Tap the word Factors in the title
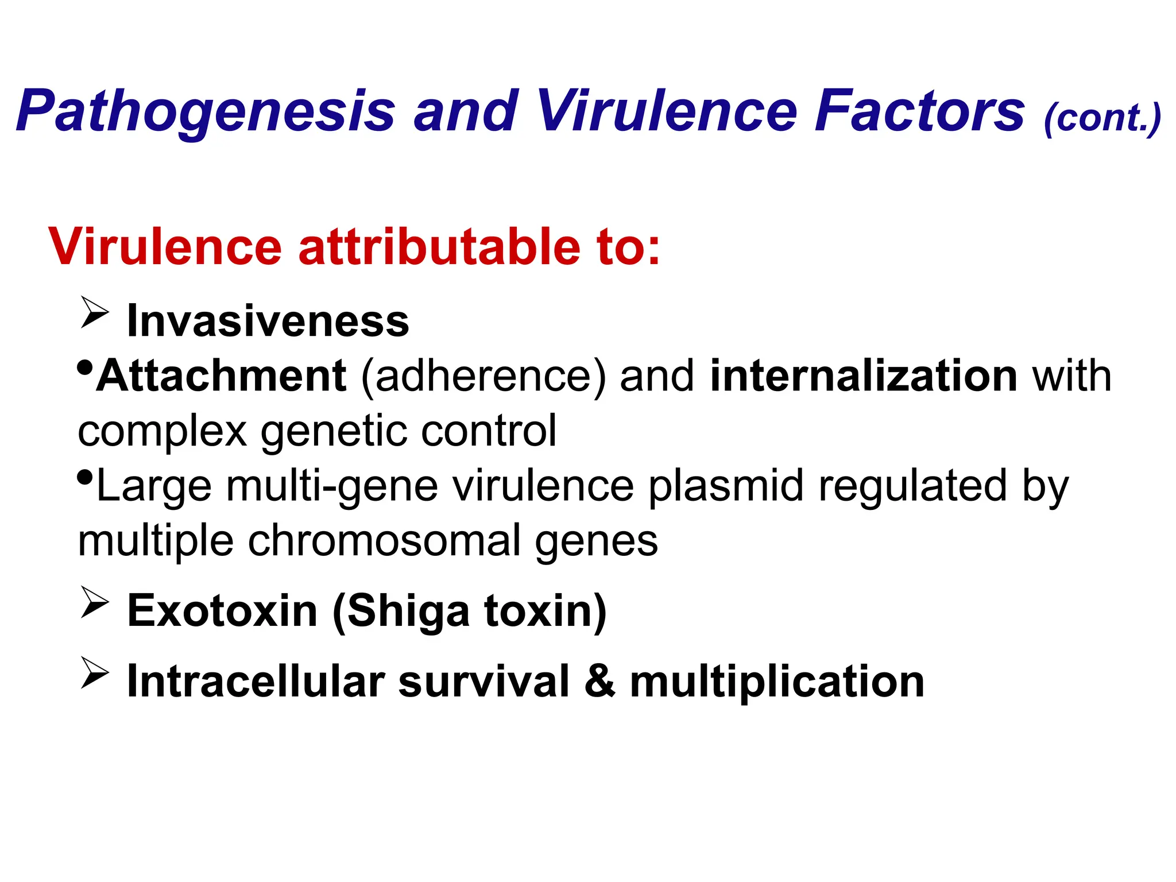click(919, 111)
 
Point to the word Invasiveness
click(268, 321)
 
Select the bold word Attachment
click(221, 376)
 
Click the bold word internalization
click(864, 376)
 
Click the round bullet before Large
click(84, 477)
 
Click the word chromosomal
click(383, 541)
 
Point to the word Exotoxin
click(222, 610)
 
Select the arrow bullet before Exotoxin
click(95, 602)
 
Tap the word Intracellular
click(255, 682)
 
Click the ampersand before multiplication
click(600, 682)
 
